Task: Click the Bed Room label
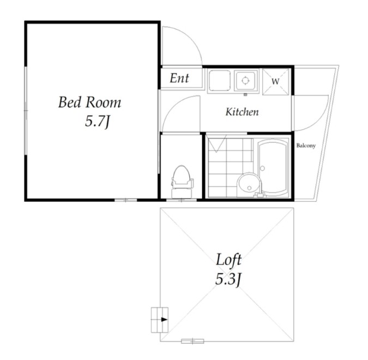[89, 103]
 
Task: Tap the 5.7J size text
[98, 122]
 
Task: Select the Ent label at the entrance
[179, 78]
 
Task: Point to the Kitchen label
[242, 112]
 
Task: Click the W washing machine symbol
[275, 81]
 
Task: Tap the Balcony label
[306, 146]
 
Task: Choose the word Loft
[228, 260]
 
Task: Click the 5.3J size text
[228, 279]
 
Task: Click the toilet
[183, 182]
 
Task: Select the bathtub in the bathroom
[274, 167]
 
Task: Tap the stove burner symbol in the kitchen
[245, 81]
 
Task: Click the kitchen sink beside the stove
[220, 81]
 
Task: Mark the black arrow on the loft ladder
[164, 320]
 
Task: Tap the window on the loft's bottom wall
[192, 341]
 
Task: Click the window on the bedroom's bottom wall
[125, 200]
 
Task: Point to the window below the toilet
[182, 200]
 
